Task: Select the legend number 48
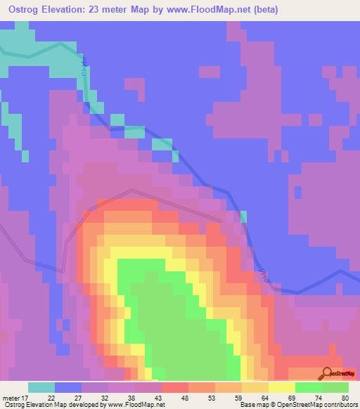[166, 396]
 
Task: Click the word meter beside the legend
[10, 396]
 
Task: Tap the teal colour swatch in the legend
[41, 387]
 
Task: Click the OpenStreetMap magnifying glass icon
[328, 373]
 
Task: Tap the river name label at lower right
[263, 275]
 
